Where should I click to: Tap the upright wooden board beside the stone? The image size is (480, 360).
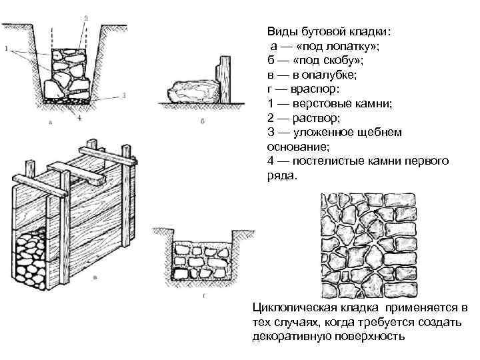(225, 79)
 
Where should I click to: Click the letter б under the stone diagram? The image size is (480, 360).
(201, 122)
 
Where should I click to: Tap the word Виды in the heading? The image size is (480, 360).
(281, 31)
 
